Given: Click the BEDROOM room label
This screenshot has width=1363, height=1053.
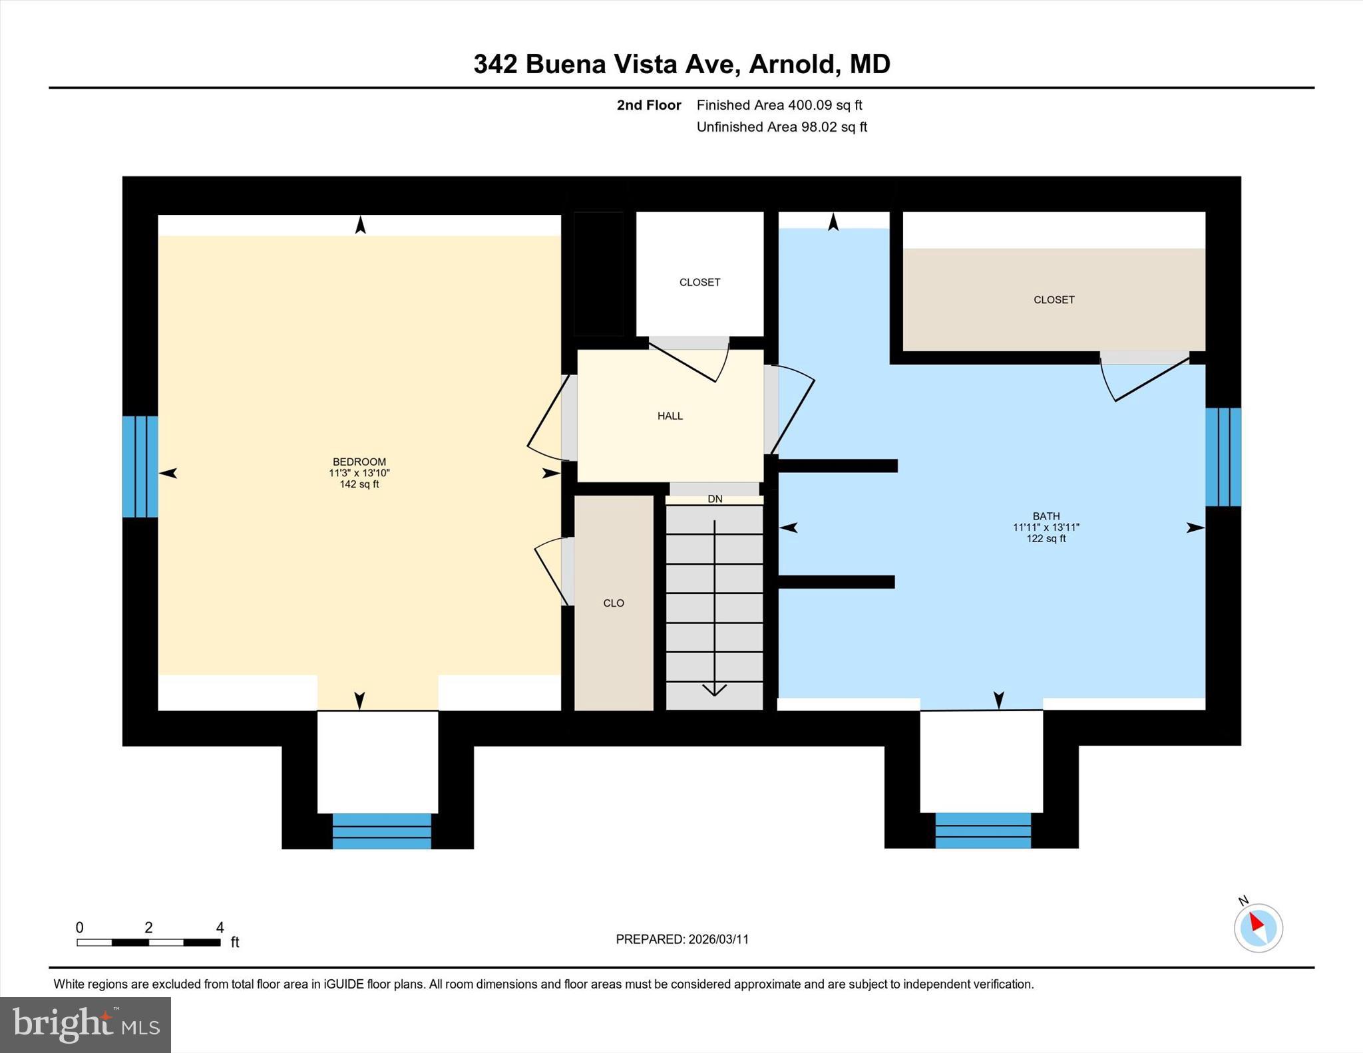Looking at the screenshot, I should (x=359, y=462).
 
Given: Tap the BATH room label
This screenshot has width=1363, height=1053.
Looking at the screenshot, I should (x=1046, y=516).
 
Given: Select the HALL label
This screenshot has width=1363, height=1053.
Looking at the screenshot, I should (x=670, y=416).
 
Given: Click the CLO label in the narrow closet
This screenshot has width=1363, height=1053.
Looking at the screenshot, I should (x=613, y=603).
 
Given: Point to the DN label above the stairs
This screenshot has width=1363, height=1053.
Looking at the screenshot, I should (x=714, y=499).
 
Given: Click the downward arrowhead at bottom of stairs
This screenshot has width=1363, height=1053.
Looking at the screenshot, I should (x=714, y=690).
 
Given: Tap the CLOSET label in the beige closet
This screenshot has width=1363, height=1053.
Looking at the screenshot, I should (x=1054, y=300).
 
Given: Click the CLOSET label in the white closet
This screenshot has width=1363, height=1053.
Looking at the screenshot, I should (x=699, y=283).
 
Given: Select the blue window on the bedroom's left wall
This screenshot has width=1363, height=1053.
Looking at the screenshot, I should (x=140, y=466).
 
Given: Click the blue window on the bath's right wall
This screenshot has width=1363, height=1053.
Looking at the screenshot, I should (x=1223, y=457).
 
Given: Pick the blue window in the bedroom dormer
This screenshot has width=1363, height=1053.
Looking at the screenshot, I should (x=381, y=831).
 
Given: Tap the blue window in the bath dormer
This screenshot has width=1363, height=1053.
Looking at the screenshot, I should (x=982, y=830).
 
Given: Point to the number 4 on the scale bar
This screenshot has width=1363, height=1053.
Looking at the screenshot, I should (x=220, y=927).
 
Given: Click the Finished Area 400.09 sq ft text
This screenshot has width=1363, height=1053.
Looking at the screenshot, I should (x=779, y=105).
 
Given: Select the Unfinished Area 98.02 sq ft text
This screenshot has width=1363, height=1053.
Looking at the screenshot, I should (x=781, y=127).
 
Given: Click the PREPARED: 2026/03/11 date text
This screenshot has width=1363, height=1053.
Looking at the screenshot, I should (x=681, y=939).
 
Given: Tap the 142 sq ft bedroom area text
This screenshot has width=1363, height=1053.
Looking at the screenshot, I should (x=359, y=484).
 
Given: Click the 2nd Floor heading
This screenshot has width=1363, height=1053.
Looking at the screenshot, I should (x=648, y=105).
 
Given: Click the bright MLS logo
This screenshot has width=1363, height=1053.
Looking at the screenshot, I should (x=85, y=1024).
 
